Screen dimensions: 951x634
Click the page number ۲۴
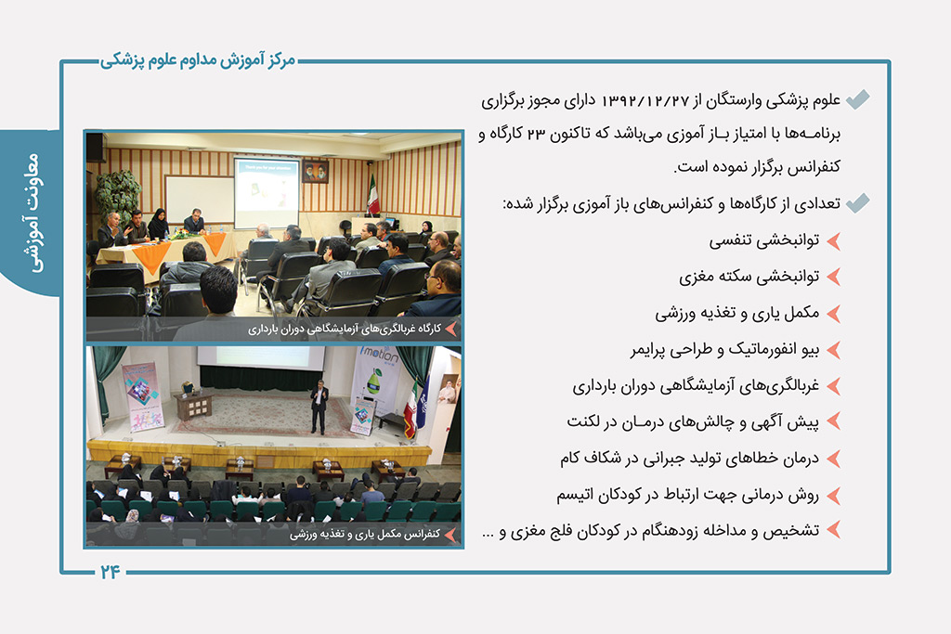pyautogui.click(x=110, y=572)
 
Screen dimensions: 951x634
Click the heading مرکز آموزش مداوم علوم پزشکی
pyautogui.click(x=198, y=60)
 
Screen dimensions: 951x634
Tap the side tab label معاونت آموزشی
pyautogui.click(x=33, y=213)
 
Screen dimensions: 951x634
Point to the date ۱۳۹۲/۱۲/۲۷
pyautogui.click(x=645, y=100)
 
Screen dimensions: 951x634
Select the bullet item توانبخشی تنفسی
pyautogui.click(x=764, y=240)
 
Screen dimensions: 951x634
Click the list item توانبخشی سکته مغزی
pyautogui.click(x=749, y=277)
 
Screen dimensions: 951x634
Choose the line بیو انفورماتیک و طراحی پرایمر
pyautogui.click(x=724, y=350)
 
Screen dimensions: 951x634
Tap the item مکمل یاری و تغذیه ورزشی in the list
pyautogui.click(x=736, y=314)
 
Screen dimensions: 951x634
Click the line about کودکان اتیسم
pyautogui.click(x=688, y=495)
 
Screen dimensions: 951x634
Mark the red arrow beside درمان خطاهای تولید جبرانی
pyautogui.click(x=833, y=459)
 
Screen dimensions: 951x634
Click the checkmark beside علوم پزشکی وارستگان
pyautogui.click(x=857, y=99)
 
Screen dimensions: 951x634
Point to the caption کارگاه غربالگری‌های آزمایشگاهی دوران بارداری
pyautogui.click(x=344, y=330)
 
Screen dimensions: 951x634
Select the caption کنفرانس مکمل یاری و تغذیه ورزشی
pyautogui.click(x=364, y=534)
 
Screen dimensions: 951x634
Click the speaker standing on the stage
pyautogui.click(x=319, y=408)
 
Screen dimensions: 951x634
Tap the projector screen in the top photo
pyautogui.click(x=267, y=193)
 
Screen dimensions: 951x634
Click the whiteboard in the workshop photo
pyautogui.click(x=200, y=201)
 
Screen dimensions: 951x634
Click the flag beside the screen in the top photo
pyautogui.click(x=373, y=195)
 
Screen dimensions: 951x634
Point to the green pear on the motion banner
pyautogui.click(x=374, y=382)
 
